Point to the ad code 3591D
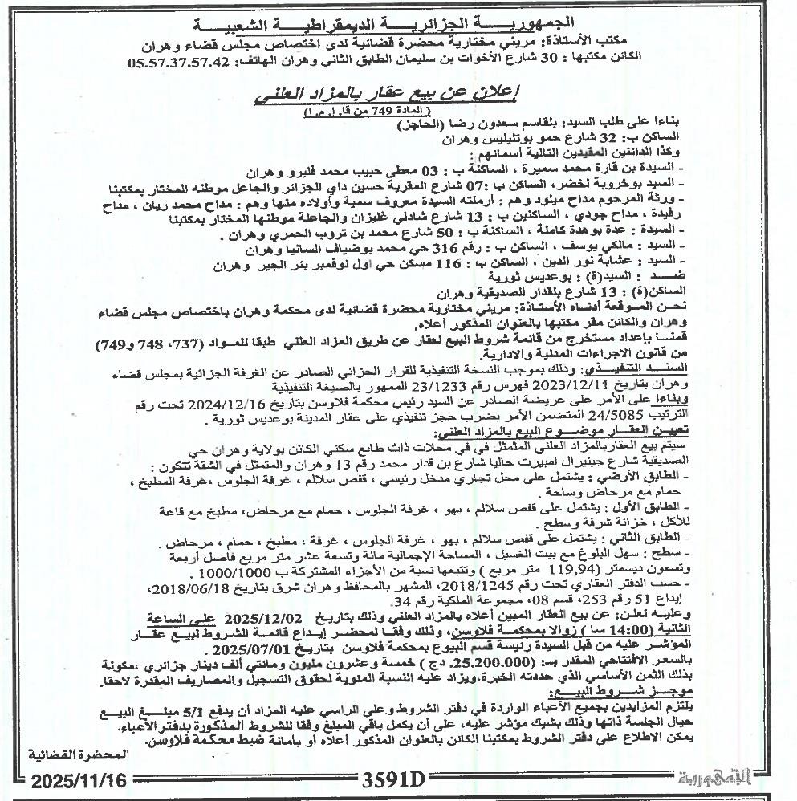[x=392, y=779]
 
